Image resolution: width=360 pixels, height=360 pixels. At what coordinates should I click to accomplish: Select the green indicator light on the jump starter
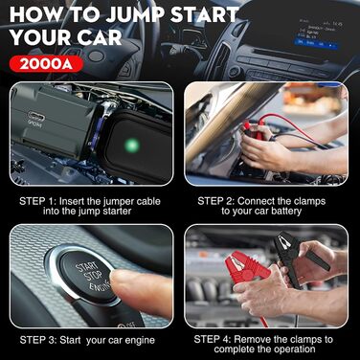[131, 146]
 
